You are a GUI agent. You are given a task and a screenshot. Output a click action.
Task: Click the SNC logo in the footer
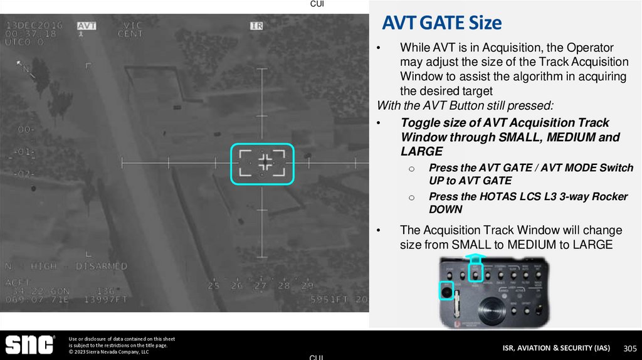tap(29, 344)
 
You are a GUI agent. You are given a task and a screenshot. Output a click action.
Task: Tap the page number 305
tap(629, 348)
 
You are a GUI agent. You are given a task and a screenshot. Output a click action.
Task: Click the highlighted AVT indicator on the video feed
tap(87, 26)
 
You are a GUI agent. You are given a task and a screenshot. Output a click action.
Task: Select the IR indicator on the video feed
tap(256, 26)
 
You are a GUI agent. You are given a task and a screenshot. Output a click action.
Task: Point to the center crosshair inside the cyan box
tap(265, 162)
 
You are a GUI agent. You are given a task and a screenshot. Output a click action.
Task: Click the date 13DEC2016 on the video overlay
tap(34, 26)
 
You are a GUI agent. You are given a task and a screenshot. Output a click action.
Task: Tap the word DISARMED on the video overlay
tap(102, 266)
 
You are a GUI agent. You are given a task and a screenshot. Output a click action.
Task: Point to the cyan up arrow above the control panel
tap(476, 257)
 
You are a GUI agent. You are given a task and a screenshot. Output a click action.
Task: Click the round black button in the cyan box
tap(447, 291)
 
